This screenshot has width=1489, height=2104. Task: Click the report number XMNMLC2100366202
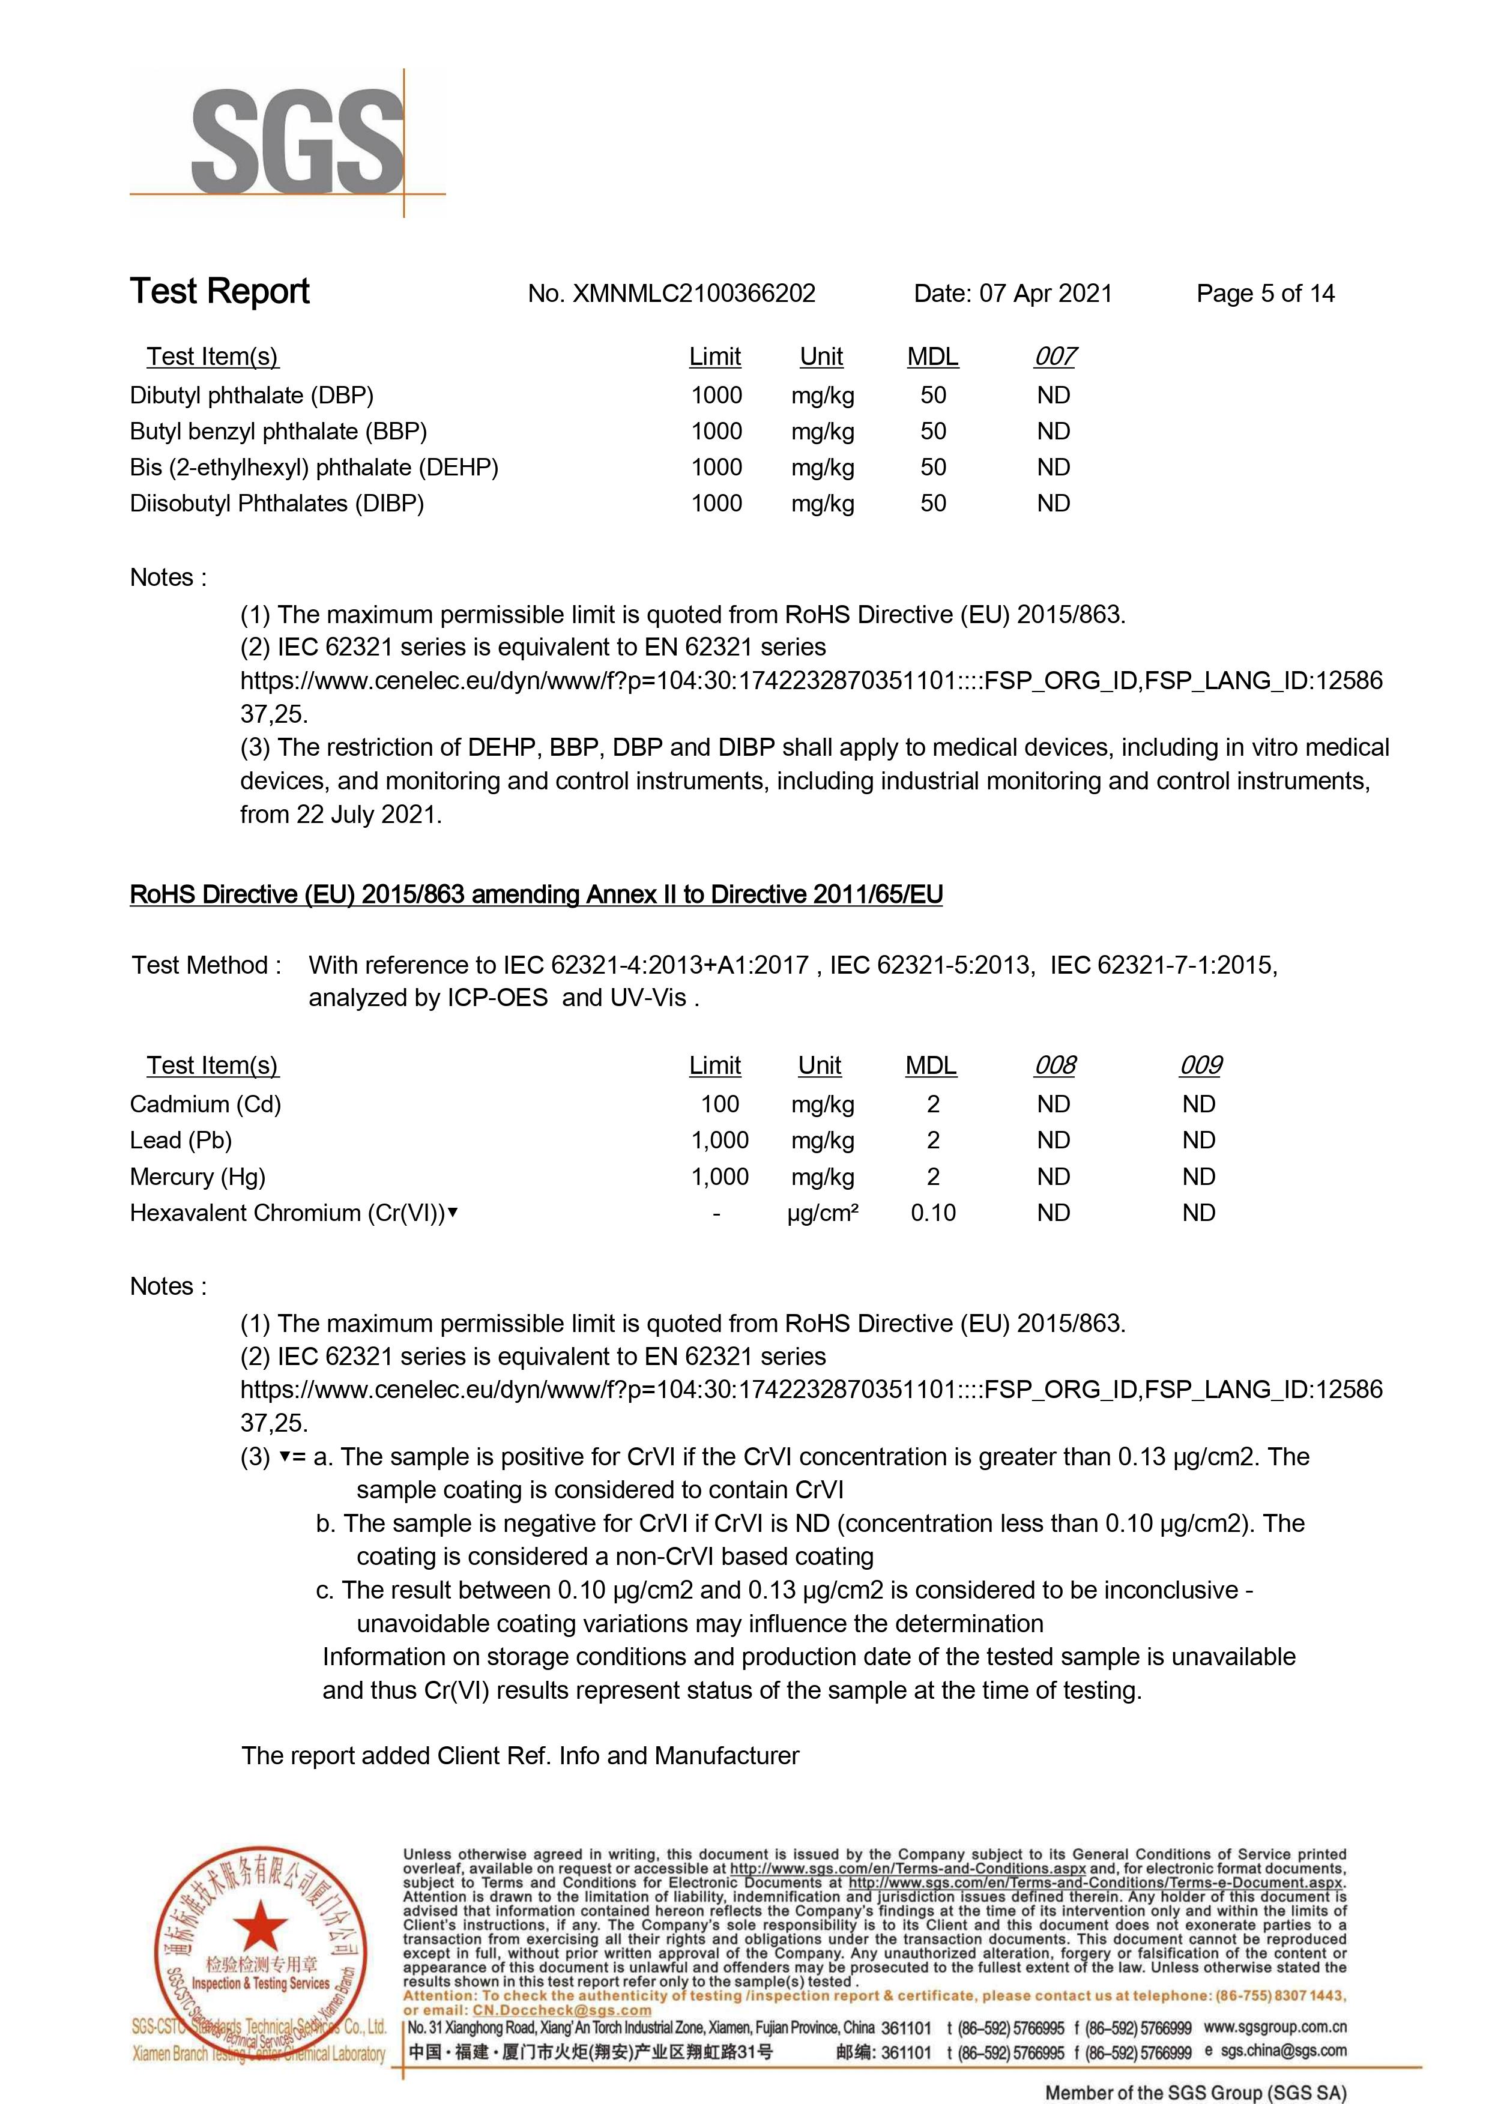(x=693, y=294)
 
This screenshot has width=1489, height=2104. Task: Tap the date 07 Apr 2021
(x=1045, y=294)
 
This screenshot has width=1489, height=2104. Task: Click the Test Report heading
(x=220, y=292)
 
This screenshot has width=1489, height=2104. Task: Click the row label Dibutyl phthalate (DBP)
(x=251, y=396)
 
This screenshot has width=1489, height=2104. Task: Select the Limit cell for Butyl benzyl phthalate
(x=716, y=432)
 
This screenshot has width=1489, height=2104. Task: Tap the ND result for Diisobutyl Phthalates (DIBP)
(x=1054, y=503)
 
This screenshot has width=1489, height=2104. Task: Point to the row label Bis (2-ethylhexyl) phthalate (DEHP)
(x=313, y=468)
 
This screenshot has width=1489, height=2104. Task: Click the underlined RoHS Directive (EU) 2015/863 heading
(x=536, y=895)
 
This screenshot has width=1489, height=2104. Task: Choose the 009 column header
(x=1200, y=1066)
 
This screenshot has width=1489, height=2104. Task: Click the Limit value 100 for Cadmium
(x=720, y=1105)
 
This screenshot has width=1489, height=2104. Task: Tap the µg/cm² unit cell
(x=823, y=1213)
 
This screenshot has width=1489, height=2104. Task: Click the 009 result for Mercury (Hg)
(x=1198, y=1177)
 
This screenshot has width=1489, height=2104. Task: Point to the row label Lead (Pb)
(x=181, y=1141)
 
